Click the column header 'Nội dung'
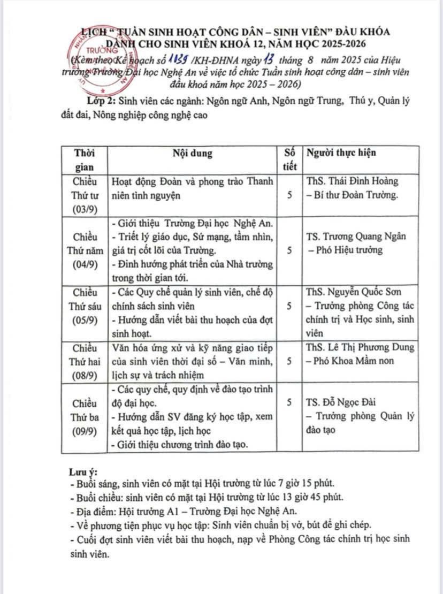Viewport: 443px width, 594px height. tap(192, 153)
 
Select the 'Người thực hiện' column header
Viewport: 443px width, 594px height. tap(341, 153)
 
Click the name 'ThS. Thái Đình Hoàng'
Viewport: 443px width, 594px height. tap(352, 182)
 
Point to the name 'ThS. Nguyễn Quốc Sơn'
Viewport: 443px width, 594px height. tap(354, 292)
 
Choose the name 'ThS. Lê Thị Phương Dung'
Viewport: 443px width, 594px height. tap(360, 347)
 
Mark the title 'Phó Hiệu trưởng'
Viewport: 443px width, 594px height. tap(348, 250)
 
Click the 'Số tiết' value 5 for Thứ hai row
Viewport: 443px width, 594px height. tap(289, 361)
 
